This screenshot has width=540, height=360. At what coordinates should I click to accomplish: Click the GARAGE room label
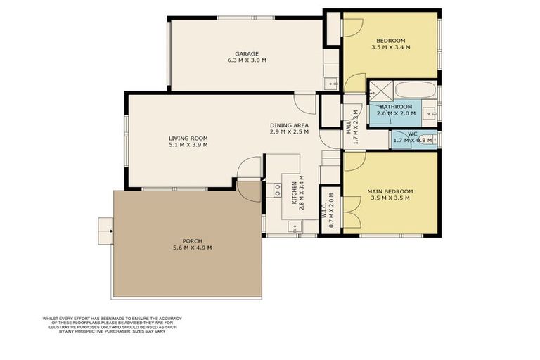(246, 53)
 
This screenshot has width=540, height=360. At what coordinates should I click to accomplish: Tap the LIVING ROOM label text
(188, 138)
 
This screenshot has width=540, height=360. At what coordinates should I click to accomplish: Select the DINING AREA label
(290, 125)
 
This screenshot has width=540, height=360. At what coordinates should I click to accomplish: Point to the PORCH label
(192, 240)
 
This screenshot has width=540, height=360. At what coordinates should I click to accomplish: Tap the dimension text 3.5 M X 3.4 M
(390, 47)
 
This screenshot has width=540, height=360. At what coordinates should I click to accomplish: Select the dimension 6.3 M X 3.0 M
(246, 60)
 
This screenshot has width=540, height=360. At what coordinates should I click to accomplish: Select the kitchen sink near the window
(295, 226)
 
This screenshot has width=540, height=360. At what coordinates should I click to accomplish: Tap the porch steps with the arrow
(105, 229)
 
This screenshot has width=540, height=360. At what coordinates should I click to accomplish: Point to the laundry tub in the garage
(331, 84)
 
